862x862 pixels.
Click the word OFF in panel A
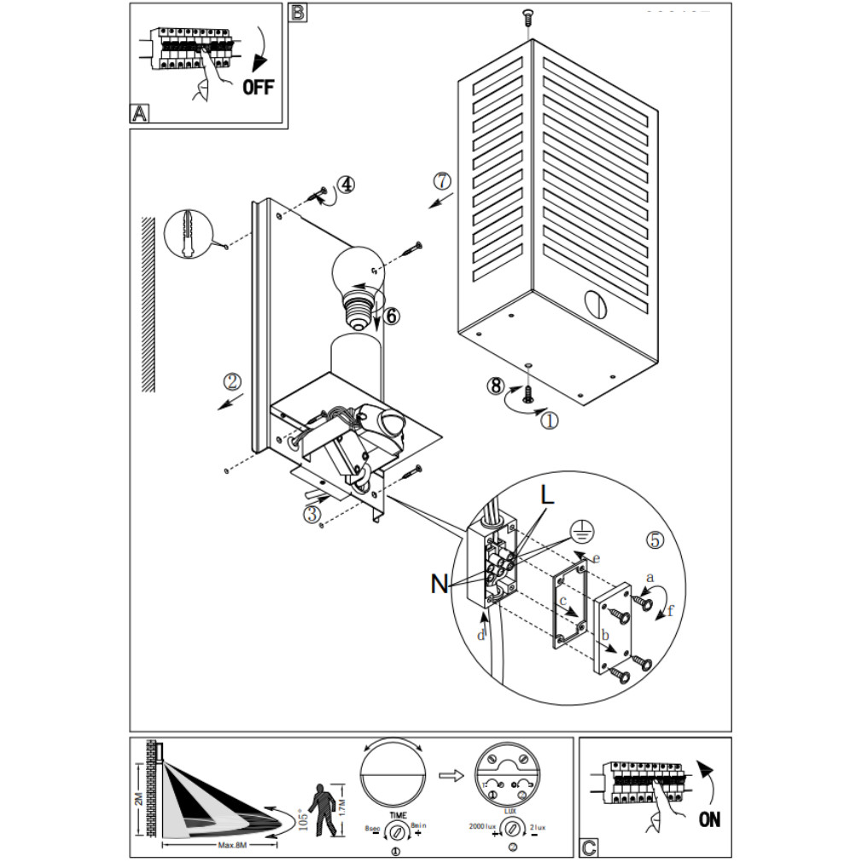click(258, 87)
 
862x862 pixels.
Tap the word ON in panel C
click(709, 819)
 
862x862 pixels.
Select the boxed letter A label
click(139, 114)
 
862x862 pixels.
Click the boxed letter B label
click(297, 13)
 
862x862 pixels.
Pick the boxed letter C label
click(588, 847)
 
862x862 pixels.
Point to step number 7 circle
click(440, 181)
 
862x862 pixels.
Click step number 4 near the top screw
click(346, 184)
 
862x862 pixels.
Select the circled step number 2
click(232, 382)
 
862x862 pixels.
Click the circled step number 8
click(495, 386)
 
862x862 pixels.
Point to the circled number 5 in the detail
click(655, 540)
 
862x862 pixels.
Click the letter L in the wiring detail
click(547, 495)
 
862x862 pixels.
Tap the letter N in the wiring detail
click(440, 584)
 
